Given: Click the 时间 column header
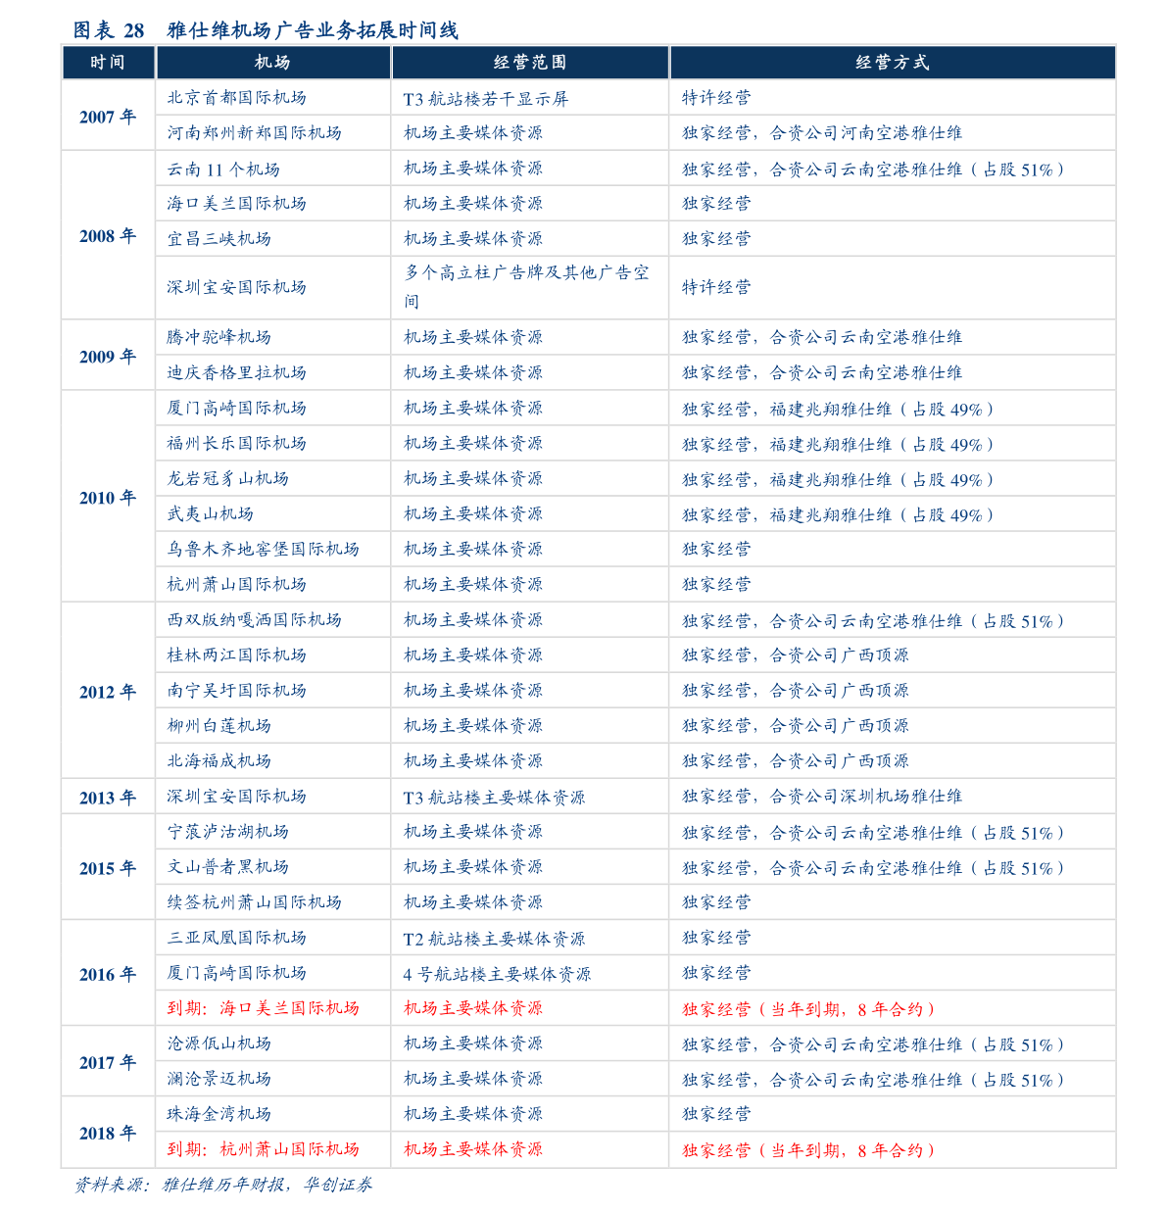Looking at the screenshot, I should point(108,63).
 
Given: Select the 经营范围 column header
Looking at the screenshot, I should point(529,63).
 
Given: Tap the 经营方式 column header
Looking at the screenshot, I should point(892,63).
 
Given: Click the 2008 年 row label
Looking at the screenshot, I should point(108,236).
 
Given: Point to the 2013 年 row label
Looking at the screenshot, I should point(108,798).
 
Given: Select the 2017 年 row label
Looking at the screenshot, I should point(108,1062).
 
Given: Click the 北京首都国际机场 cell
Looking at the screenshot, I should point(236,98).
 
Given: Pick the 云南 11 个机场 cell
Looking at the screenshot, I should point(223,170).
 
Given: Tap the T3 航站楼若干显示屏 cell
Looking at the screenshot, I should point(485,99).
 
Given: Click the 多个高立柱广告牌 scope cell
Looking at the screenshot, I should point(527,286).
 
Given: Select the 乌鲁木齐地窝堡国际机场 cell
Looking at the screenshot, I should point(263,549).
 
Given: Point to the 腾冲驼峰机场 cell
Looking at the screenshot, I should point(219,337).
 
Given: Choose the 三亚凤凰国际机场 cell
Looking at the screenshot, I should point(236,938).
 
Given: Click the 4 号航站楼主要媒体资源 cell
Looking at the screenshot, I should point(497,974).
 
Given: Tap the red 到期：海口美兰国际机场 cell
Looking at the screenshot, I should point(263,1008).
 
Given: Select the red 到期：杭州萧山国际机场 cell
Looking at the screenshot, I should point(263,1149).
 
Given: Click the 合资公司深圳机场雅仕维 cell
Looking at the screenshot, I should point(822,797).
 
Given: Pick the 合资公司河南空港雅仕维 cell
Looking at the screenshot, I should point(822,133).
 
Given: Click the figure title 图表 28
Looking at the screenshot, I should point(266,30).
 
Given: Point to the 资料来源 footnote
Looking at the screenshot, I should point(223,1185).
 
